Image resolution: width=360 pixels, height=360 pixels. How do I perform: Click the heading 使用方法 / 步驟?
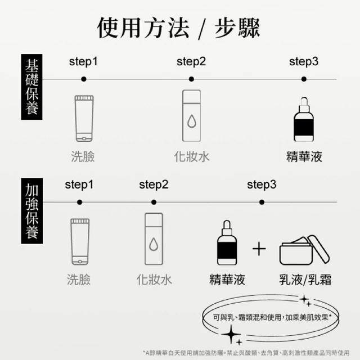tap(179, 28)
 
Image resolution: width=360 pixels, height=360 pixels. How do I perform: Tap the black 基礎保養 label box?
tap(31, 87)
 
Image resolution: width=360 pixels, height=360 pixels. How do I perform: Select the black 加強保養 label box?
tap(31, 211)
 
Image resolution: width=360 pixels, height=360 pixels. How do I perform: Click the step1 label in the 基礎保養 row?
tap(83, 62)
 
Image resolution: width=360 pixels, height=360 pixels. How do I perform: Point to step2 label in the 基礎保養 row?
tap(191, 62)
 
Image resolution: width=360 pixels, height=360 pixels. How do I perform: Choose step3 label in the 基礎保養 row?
tap(304, 62)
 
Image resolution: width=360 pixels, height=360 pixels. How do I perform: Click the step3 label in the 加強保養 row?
tap(262, 185)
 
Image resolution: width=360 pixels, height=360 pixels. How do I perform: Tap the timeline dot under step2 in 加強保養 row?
tap(154, 202)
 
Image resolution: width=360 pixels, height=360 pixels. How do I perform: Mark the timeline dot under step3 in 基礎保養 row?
tap(304, 79)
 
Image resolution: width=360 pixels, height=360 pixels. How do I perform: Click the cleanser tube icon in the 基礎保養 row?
tap(84, 119)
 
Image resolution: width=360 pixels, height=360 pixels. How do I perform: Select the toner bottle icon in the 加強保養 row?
tap(154, 239)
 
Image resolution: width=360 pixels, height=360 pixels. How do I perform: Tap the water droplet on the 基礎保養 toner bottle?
tap(192, 121)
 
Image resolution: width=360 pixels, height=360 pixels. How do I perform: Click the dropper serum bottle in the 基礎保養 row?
tap(304, 119)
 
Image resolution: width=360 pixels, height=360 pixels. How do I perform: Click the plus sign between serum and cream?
tap(259, 249)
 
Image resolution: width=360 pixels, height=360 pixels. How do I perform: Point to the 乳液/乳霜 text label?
tap(305, 280)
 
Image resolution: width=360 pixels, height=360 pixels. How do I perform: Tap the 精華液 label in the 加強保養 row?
tap(227, 280)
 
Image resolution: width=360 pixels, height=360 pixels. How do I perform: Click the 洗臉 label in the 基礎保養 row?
tap(83, 156)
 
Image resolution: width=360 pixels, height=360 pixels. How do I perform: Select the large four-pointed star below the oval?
tap(231, 334)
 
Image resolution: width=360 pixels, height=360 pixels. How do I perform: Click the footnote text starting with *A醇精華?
tap(246, 353)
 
